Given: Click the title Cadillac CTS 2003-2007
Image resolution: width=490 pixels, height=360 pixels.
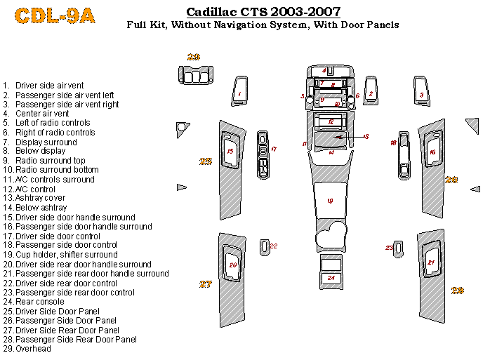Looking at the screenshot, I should click(263, 12).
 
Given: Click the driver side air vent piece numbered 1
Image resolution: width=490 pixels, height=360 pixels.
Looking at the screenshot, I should click(239, 93).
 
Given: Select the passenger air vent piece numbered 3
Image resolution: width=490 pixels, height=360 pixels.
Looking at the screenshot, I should click(421, 93).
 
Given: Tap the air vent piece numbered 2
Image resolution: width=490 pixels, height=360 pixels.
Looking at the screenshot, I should click(371, 93).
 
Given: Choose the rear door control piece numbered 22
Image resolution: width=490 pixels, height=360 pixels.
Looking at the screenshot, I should click(265, 246).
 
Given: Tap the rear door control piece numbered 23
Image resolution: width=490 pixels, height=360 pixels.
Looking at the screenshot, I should click(398, 248).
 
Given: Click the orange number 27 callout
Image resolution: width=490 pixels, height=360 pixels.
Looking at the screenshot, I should click(205, 284).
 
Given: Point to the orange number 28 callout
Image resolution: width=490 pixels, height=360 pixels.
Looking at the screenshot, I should click(458, 290).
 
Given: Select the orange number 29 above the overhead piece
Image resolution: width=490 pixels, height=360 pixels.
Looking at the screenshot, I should click(194, 57).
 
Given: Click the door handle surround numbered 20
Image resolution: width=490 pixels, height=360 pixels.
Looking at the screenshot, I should click(232, 265).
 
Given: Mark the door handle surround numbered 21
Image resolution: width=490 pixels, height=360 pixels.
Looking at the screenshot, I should click(432, 263).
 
